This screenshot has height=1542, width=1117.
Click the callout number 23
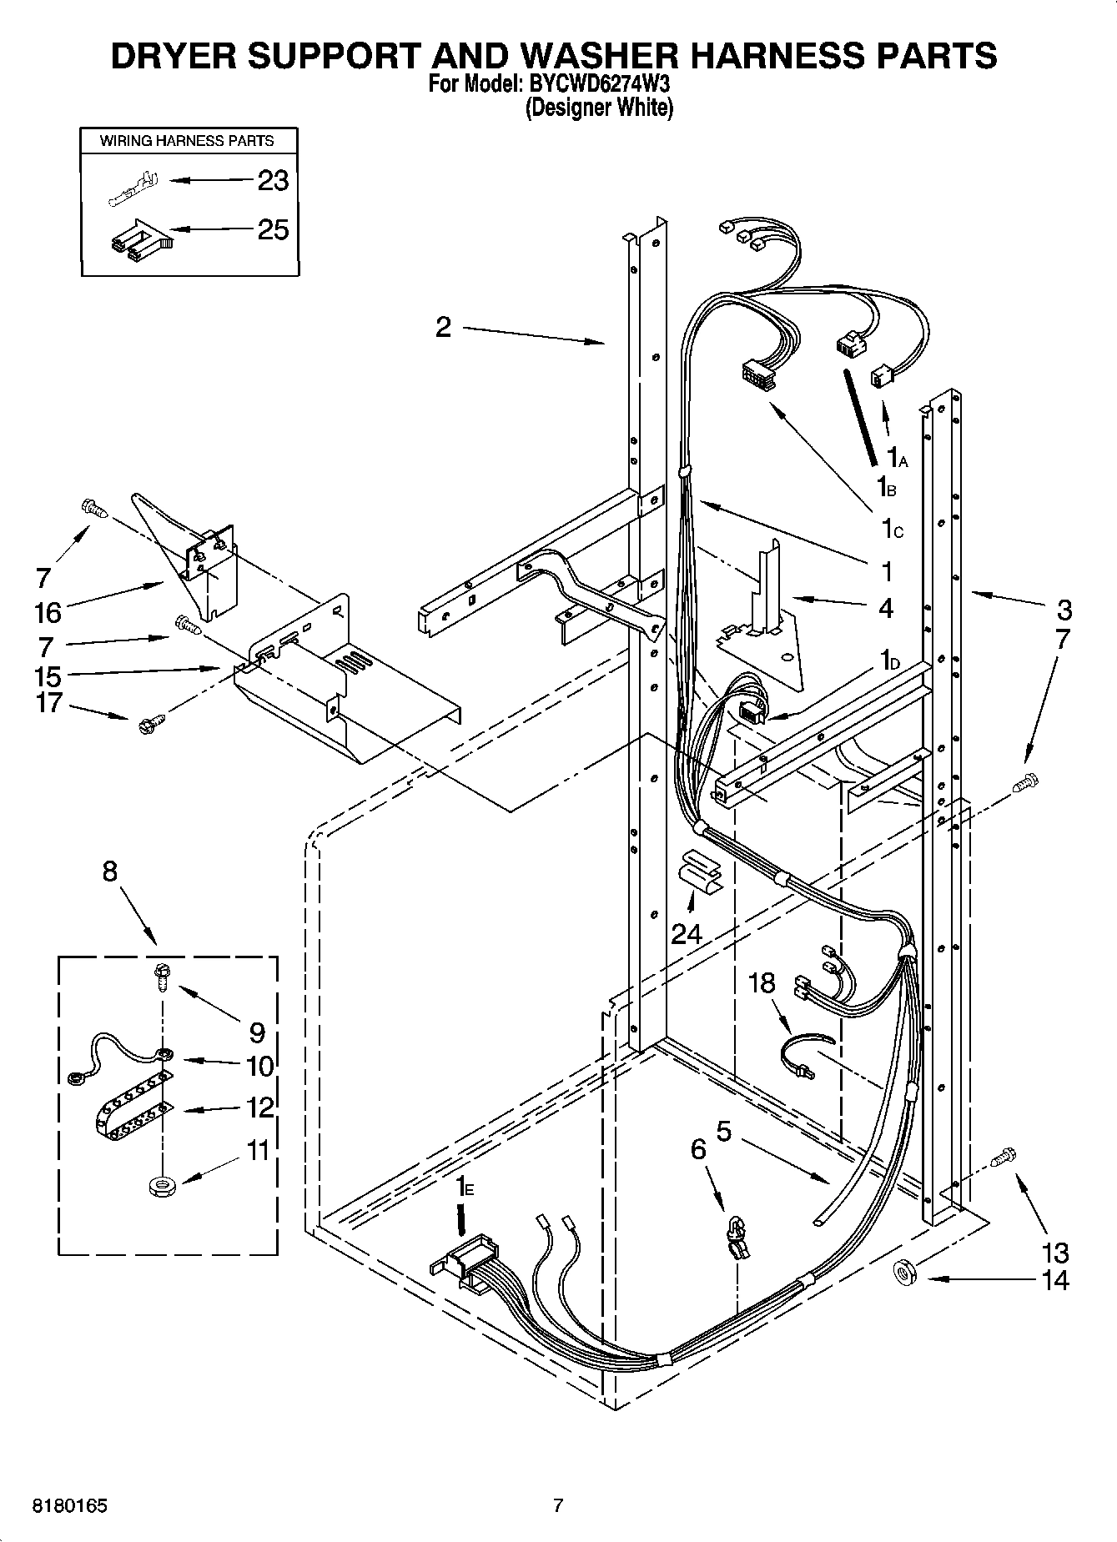(x=273, y=180)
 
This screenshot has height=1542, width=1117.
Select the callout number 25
(x=273, y=229)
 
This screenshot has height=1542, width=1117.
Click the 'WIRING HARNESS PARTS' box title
(x=187, y=141)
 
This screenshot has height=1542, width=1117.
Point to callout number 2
(x=443, y=327)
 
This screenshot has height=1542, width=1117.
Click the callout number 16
(x=48, y=613)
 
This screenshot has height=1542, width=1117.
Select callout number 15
(x=48, y=675)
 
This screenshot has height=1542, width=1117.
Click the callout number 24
(x=687, y=933)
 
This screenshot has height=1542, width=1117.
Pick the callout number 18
(x=762, y=983)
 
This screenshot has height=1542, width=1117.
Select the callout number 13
(x=1054, y=1252)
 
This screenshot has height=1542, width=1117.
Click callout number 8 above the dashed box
(x=110, y=871)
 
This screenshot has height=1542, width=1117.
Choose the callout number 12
(x=260, y=1108)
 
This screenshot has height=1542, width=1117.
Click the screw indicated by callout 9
(x=161, y=975)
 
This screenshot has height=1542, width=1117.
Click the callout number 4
(x=886, y=609)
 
